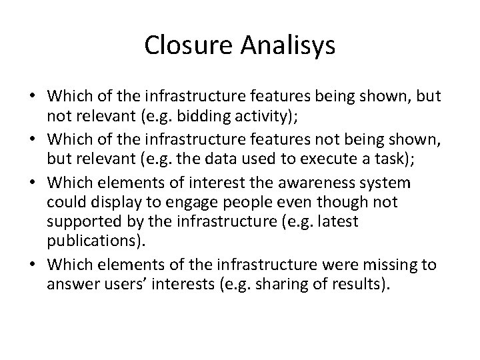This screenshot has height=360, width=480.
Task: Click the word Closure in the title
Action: tap(184, 45)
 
